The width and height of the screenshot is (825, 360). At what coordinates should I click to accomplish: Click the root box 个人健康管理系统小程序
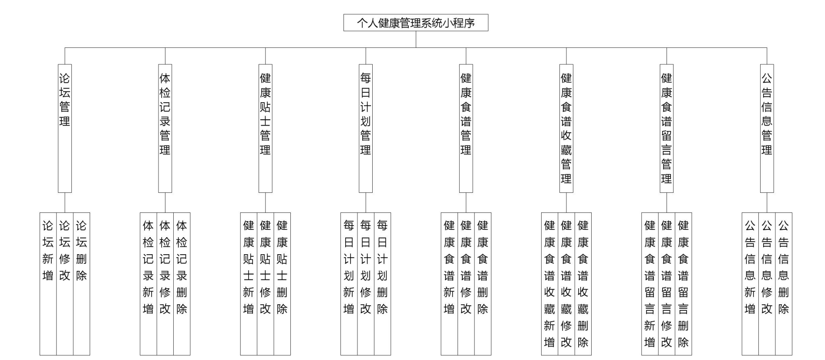[x=415, y=23]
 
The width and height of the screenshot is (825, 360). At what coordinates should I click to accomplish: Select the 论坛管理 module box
[x=65, y=128]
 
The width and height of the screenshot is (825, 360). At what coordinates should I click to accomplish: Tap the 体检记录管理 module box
[x=165, y=128]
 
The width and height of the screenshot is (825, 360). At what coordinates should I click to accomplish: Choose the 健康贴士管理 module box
[x=265, y=128]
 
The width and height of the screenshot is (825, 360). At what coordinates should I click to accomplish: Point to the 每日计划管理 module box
[x=366, y=128]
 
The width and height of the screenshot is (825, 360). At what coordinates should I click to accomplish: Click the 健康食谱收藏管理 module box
[x=566, y=128]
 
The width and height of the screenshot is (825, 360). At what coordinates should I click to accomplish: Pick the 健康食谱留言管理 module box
[x=667, y=128]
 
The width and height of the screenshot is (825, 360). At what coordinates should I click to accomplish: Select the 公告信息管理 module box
[x=767, y=128]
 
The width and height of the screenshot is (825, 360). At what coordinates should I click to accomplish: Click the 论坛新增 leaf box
[x=48, y=283]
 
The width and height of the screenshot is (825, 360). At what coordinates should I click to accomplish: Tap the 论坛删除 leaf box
[x=81, y=283]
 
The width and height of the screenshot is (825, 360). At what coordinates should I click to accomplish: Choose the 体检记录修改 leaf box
[x=165, y=283]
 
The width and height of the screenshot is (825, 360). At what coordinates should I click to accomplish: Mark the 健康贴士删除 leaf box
[x=282, y=283]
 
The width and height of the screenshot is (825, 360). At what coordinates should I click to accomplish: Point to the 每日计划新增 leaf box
[x=349, y=283]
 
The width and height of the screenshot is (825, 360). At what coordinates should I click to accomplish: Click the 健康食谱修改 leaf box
[x=466, y=283]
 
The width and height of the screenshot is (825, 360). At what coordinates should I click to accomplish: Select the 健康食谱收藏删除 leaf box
[x=583, y=283]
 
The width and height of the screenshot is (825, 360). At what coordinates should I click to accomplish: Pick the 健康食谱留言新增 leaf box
[x=650, y=283]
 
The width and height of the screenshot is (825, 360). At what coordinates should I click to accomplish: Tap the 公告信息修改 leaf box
[x=767, y=283]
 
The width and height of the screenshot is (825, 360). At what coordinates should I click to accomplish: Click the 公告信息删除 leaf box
[x=784, y=283]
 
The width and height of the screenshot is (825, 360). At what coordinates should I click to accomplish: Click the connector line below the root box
[x=416, y=39]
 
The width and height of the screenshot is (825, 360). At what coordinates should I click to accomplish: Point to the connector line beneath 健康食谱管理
[x=466, y=202]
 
